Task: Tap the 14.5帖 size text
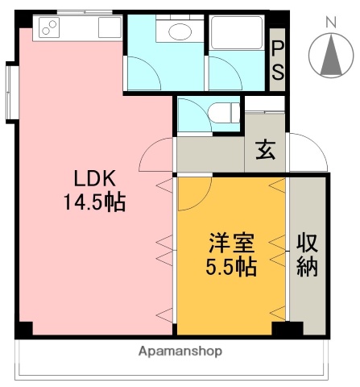[x=94, y=202]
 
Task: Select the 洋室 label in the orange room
[x=232, y=243]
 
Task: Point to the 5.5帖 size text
[x=232, y=266]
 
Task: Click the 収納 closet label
[x=307, y=253]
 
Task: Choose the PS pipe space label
[x=277, y=60]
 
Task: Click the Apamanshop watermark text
[x=180, y=352]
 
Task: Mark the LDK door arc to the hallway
[x=158, y=155]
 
